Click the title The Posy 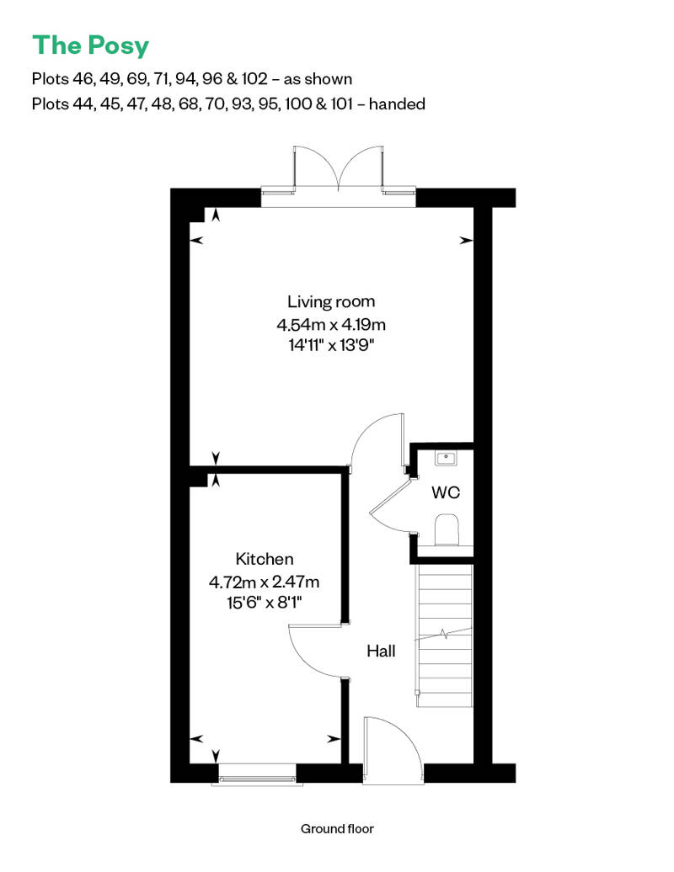[x=90, y=45]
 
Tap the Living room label [x=331, y=301]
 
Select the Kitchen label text [x=265, y=559]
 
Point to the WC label [x=446, y=493]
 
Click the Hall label [x=381, y=651]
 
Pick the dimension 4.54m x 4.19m [x=331, y=323]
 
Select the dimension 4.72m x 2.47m [x=265, y=581]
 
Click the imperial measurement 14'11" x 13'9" [x=331, y=345]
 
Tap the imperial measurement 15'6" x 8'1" [x=265, y=603]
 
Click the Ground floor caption [x=337, y=829]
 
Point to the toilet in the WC [x=446, y=531]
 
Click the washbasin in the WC [x=446, y=458]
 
